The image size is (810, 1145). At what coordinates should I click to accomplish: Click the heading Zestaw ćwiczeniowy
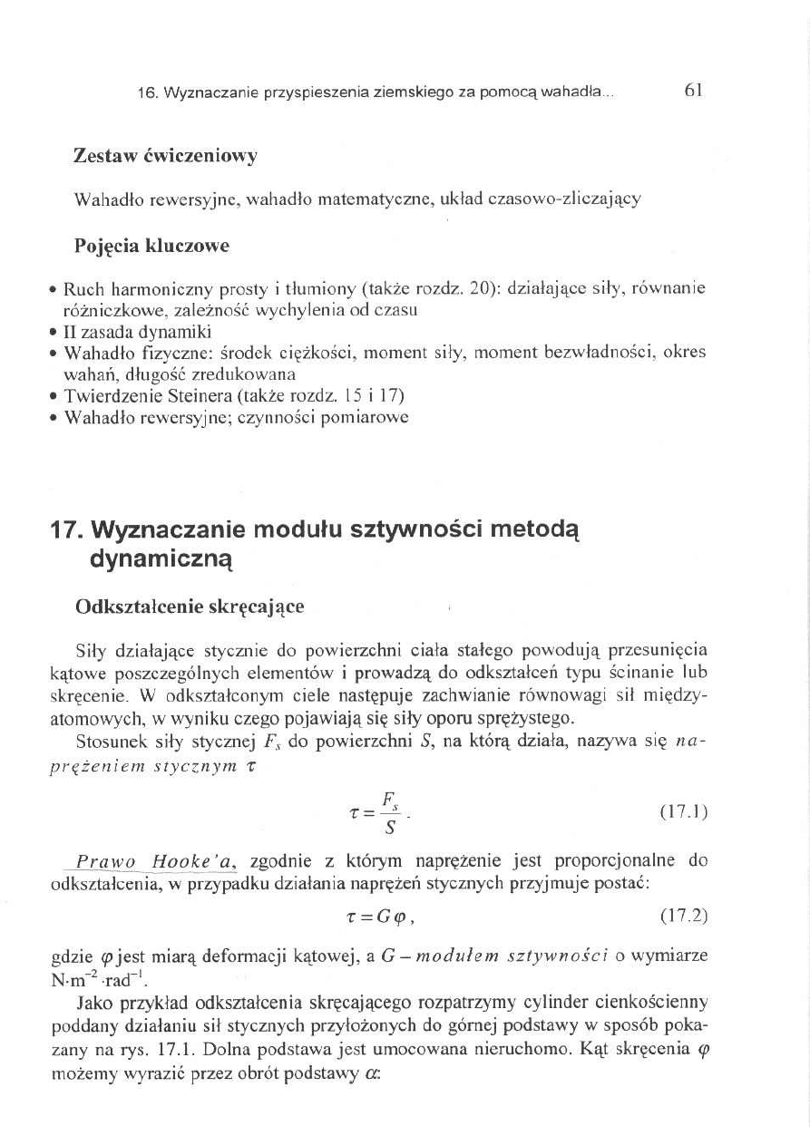click(165, 156)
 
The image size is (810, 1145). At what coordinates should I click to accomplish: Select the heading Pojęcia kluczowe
click(151, 246)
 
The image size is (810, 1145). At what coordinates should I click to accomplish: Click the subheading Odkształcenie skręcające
click(189, 606)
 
